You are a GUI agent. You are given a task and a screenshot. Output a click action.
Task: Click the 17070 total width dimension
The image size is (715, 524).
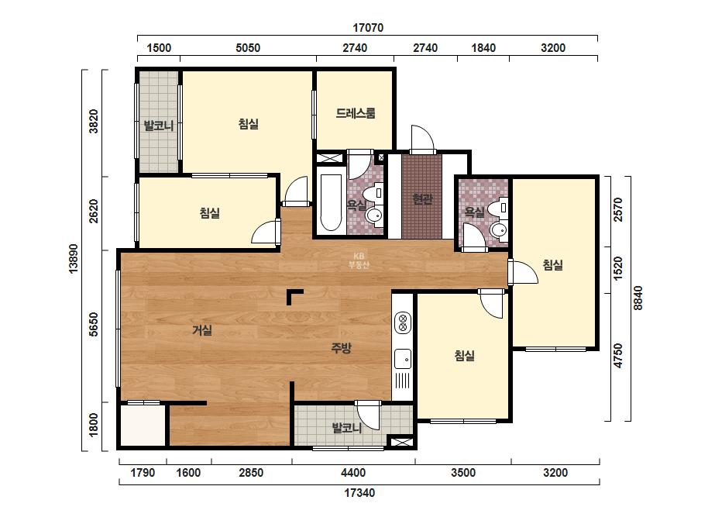(368, 28)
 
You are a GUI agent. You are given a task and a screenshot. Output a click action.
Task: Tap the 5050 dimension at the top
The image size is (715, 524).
(248, 48)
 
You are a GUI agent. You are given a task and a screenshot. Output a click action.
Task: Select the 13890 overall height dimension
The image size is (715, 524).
(73, 259)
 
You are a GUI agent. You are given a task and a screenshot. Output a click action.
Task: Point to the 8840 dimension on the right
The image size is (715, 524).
(638, 298)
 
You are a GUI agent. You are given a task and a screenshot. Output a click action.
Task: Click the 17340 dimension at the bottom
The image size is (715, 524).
(359, 493)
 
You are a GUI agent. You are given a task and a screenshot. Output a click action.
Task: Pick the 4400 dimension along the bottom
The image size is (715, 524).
(353, 472)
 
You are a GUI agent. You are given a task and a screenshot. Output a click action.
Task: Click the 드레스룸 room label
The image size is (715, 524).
(356, 113)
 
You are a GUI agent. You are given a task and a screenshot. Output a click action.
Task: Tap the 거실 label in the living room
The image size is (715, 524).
(202, 329)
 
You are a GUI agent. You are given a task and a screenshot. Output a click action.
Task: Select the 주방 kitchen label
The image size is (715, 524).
(341, 348)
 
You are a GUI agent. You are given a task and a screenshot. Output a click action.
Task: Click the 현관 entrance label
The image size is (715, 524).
(422, 199)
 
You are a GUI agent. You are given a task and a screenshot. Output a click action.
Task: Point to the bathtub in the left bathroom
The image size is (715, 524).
(331, 201)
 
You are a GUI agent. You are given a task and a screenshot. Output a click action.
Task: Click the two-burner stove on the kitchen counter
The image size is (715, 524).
(403, 322)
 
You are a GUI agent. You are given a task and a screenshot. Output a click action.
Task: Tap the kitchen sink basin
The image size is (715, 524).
(403, 359)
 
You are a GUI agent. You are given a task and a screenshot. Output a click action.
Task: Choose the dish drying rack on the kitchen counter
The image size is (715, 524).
(403, 381)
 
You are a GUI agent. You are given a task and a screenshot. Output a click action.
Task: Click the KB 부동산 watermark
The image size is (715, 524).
(359, 260)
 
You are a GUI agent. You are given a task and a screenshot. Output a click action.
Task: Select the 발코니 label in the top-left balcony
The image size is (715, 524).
(159, 126)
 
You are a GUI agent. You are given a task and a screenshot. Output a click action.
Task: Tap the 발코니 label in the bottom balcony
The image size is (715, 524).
(347, 428)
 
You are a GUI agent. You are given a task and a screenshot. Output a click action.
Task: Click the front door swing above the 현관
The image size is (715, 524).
(423, 140)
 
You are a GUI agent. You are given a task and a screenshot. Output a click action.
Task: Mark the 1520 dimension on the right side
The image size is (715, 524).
(618, 269)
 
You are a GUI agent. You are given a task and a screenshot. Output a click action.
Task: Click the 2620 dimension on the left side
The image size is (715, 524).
(93, 211)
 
